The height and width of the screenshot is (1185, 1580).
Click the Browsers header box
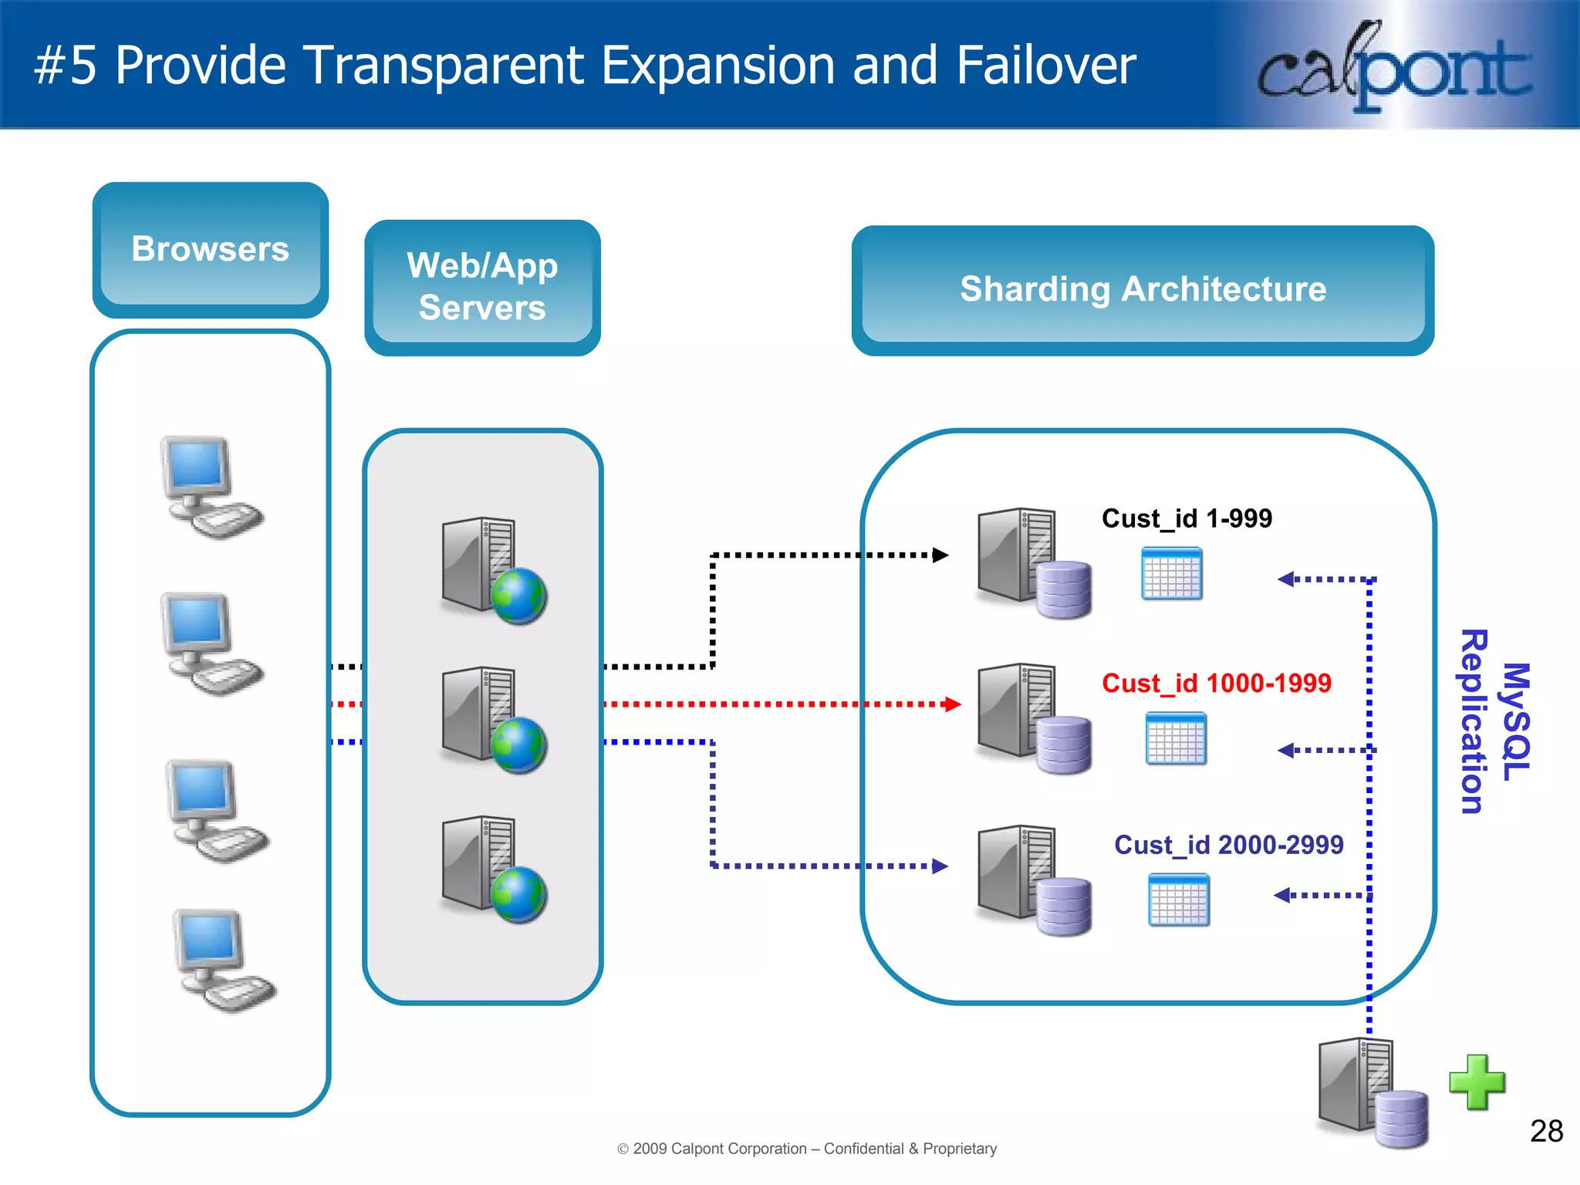click(x=210, y=249)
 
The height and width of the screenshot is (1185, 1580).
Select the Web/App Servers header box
click(x=482, y=286)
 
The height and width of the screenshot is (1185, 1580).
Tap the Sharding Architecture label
click(x=1143, y=289)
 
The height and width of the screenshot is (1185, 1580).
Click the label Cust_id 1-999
click(x=1187, y=518)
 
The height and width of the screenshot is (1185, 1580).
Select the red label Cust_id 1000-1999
click(x=1217, y=683)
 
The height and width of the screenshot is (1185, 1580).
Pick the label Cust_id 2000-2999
click(x=1228, y=845)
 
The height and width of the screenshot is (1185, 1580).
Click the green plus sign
click(x=1477, y=1082)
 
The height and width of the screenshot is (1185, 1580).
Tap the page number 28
click(x=1546, y=1131)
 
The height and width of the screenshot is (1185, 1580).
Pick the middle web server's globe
click(x=519, y=745)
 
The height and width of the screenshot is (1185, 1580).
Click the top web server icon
click(x=490, y=569)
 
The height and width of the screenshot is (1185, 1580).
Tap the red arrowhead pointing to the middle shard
click(x=953, y=704)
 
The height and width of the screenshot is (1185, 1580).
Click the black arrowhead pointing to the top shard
click(x=940, y=555)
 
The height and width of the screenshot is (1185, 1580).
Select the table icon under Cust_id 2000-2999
click(x=1178, y=900)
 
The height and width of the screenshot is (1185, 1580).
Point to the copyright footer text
click(x=807, y=1149)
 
